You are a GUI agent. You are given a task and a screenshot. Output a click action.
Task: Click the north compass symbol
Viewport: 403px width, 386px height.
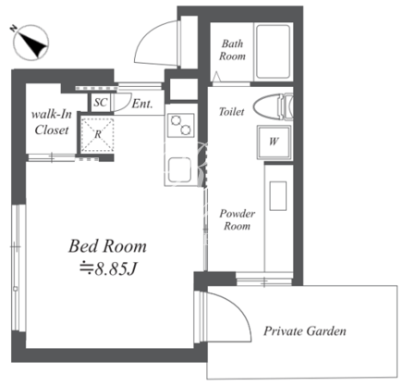[31, 43]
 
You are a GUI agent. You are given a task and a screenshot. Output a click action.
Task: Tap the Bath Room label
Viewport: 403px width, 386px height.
[232, 50]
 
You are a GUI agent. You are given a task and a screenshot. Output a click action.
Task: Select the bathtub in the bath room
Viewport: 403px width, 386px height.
[274, 52]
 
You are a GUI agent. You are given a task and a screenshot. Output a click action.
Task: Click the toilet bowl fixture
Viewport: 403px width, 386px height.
[273, 106]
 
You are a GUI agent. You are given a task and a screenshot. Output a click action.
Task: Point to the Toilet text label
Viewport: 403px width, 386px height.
[231, 111]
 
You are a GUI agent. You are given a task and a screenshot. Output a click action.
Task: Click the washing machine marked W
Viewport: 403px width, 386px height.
[274, 142]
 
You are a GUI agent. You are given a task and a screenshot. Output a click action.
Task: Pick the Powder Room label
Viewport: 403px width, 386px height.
[237, 219]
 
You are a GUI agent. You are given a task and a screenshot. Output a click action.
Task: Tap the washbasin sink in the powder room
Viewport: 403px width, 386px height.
[278, 196]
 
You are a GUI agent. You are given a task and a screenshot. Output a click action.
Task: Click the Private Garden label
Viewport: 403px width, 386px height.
[305, 331]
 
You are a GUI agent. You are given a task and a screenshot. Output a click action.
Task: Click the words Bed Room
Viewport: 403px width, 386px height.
[107, 246]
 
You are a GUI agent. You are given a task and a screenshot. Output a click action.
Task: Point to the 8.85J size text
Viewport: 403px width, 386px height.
[108, 269]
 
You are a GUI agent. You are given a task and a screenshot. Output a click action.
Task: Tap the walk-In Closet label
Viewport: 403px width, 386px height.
[52, 122]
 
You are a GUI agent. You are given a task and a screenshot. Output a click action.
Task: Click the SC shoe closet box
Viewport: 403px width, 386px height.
[101, 102]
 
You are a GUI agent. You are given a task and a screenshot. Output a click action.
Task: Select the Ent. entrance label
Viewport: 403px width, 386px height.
[142, 104]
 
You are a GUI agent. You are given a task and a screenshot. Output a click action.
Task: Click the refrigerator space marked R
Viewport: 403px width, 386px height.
[97, 134]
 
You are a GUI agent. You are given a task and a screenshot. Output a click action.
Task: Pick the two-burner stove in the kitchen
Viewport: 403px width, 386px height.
[181, 125]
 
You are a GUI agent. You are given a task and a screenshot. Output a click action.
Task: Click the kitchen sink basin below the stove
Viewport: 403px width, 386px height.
[180, 169]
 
